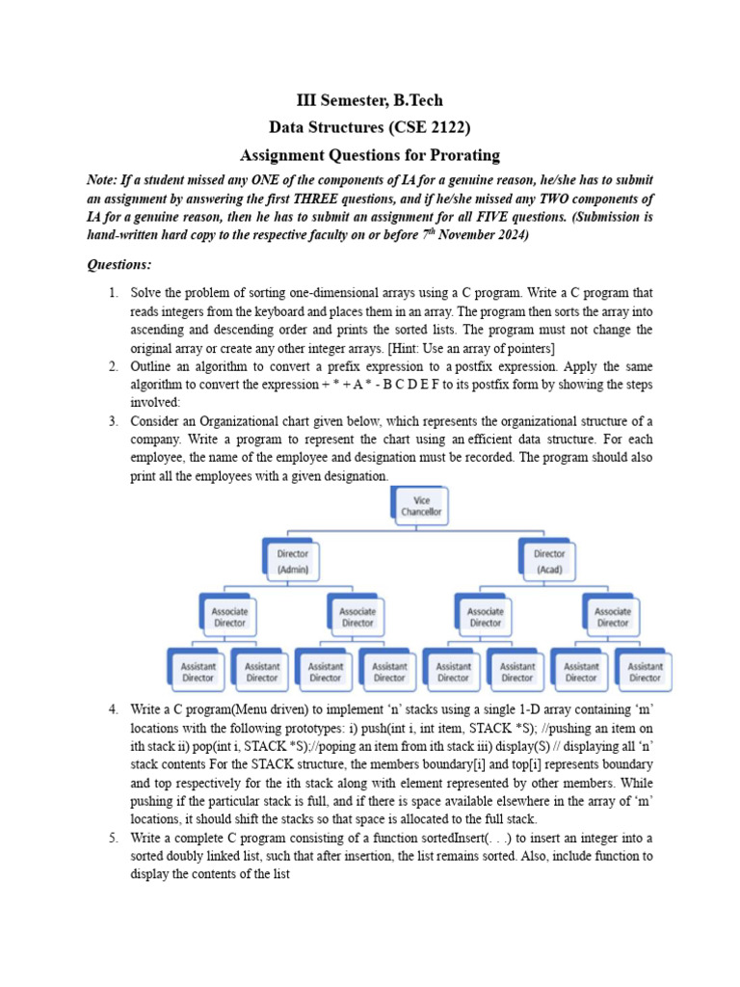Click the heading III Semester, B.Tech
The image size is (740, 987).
tap(369, 100)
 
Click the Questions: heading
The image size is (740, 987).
tap(119, 264)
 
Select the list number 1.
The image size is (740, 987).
tap(113, 292)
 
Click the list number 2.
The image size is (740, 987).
tap(113, 366)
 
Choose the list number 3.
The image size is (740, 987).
tap(113, 421)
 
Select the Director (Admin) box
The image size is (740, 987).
tap(293, 561)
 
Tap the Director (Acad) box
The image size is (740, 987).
tap(549, 561)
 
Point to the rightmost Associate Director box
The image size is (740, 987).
tap(613, 617)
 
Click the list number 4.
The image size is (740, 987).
tap(113, 709)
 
